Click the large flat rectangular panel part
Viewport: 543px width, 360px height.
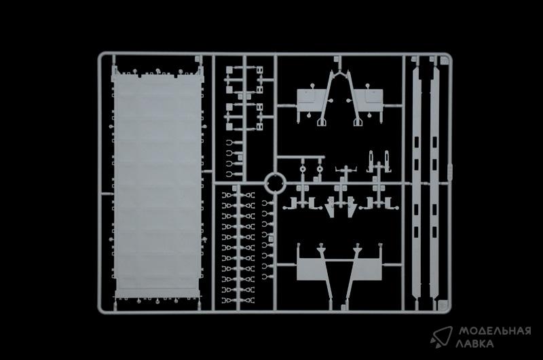click(x=157, y=182)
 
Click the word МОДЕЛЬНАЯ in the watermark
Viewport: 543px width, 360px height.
click(x=495, y=331)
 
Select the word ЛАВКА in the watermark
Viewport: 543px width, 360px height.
click(x=474, y=344)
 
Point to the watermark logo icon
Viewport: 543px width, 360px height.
click(x=442, y=337)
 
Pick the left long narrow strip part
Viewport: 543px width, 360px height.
click(x=417, y=182)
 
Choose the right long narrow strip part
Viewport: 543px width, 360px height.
click(x=434, y=182)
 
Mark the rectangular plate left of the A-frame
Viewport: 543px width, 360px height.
click(x=308, y=100)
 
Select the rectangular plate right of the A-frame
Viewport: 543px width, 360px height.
click(x=370, y=100)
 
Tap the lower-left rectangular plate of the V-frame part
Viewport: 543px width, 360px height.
click(x=311, y=269)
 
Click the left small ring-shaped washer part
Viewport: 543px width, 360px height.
click(x=303, y=169)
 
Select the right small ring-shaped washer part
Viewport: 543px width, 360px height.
click(x=320, y=169)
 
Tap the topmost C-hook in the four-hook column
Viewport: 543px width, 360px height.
click(x=229, y=143)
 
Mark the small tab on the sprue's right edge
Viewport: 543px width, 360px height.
click(x=450, y=171)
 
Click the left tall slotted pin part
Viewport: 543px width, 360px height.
click(x=371, y=160)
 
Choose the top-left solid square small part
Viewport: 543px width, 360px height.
click(x=229, y=71)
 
